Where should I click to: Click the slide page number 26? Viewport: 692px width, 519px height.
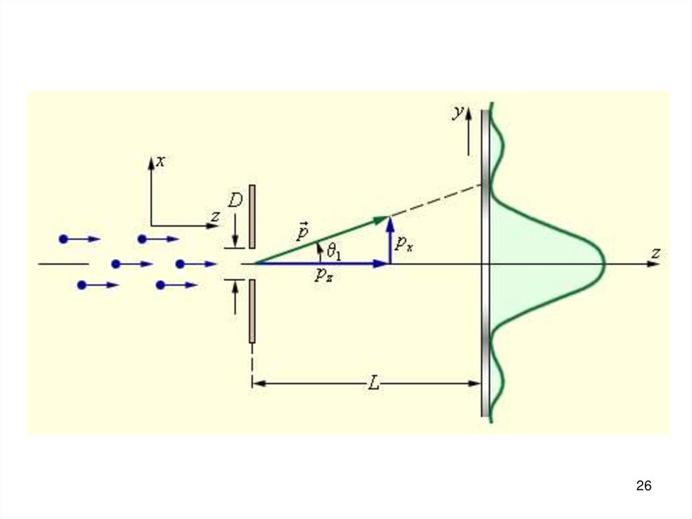(643, 485)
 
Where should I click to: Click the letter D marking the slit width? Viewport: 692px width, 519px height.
(234, 201)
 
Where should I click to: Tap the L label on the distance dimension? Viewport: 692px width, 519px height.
(373, 384)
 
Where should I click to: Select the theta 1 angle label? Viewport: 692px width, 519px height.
(334, 252)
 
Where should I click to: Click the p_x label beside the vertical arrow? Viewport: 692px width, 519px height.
(404, 244)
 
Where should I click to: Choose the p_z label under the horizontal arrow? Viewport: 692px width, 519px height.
(323, 274)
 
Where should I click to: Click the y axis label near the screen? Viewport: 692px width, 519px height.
(458, 113)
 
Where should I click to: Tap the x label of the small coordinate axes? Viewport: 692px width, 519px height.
(160, 161)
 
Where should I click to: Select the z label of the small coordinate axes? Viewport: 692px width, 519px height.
(215, 217)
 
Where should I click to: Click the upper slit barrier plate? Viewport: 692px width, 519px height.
(252, 217)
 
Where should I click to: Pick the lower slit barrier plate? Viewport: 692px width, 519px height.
(252, 311)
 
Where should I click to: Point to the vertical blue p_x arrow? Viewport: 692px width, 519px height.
(390, 240)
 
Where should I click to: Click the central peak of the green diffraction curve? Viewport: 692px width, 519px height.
(601, 263)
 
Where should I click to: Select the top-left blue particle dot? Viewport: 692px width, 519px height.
(64, 239)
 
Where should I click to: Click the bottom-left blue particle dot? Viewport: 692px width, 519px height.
(82, 286)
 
